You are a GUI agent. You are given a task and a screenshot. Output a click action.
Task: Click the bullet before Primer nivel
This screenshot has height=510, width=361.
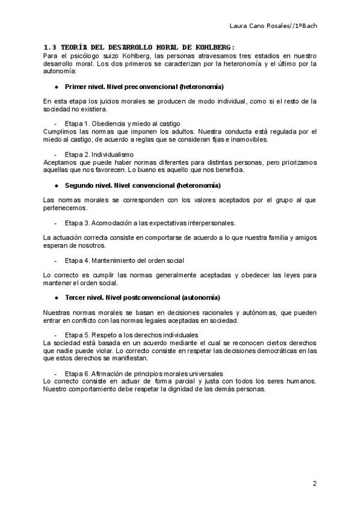[x=56, y=87]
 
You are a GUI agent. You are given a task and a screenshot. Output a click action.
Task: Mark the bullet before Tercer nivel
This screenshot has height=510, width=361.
[x=56, y=298]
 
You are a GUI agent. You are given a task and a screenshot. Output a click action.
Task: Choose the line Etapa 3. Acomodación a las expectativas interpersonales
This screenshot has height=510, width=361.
[x=150, y=223]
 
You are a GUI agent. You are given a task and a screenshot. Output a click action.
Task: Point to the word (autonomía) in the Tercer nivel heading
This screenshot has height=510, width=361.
[x=201, y=298]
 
